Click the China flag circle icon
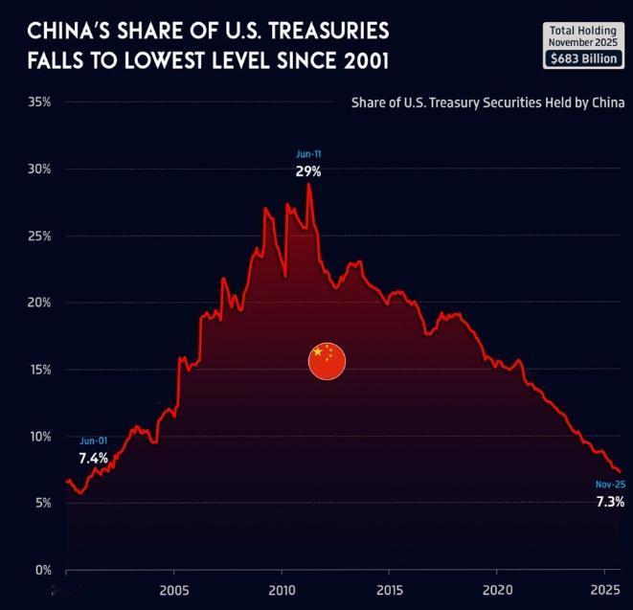tap(327, 360)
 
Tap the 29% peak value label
tap(307, 172)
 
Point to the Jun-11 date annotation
tap(308, 154)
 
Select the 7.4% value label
tap(93, 459)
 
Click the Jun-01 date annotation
tap(93, 441)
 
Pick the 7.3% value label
tap(610, 502)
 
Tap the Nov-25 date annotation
tap(610, 485)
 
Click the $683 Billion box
tap(583, 58)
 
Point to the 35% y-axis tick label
tap(39, 102)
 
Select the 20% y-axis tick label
tap(39, 303)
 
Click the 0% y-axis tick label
tap(42, 570)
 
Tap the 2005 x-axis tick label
tap(174, 587)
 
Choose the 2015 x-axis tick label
tap(390, 587)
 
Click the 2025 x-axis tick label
tap(604, 587)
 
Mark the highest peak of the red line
tap(308, 184)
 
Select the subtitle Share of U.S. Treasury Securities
tap(488, 102)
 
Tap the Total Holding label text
tap(583, 30)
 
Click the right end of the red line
tap(621, 472)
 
